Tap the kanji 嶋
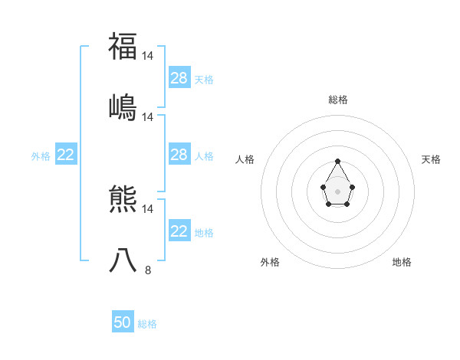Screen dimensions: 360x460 click(x=123, y=107)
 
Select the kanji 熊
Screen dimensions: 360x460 click(x=123, y=200)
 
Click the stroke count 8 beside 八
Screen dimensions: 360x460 click(x=148, y=270)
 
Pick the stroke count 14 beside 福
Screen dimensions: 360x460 click(x=148, y=56)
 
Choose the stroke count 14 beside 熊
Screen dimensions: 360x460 click(x=148, y=208)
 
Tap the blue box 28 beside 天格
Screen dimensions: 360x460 click(x=179, y=78)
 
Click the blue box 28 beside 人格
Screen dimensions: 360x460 click(x=179, y=155)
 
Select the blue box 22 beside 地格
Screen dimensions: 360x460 click(x=179, y=232)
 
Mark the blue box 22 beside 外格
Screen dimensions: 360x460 click(x=66, y=155)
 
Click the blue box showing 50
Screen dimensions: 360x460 click(x=123, y=323)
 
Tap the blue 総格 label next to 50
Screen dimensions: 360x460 click(x=147, y=324)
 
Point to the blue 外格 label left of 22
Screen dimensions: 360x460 click(x=41, y=156)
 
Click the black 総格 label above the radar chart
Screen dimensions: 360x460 click(x=338, y=100)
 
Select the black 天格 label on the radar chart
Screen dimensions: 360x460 click(x=432, y=159)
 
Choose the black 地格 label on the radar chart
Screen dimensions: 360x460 click(x=402, y=262)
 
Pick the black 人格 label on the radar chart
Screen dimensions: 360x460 click(x=245, y=159)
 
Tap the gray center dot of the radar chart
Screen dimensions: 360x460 click(x=337, y=190)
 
